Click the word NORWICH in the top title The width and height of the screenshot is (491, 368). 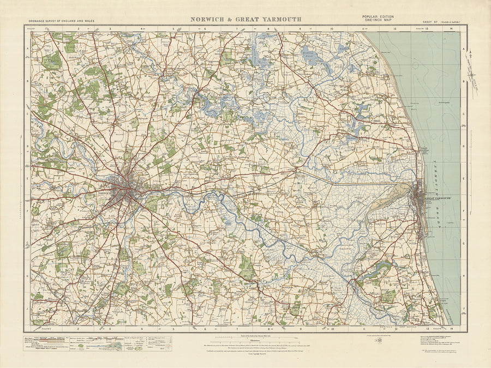208,20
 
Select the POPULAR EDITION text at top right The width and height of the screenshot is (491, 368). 376,17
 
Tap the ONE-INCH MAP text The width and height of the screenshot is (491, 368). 376,21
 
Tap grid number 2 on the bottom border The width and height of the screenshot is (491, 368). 78,329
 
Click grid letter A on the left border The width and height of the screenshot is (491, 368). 27,48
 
